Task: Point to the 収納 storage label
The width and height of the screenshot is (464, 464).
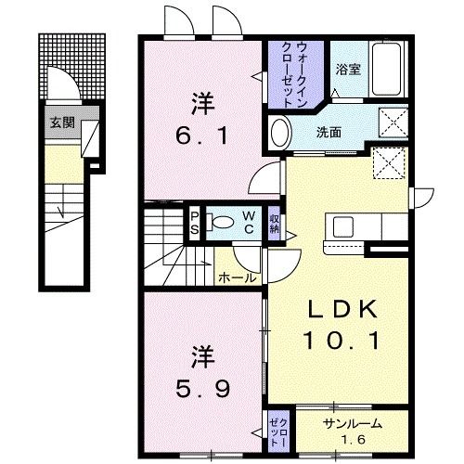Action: tap(276, 223)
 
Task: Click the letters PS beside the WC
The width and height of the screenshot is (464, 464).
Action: tap(195, 223)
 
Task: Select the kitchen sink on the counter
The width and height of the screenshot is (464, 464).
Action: tap(341, 226)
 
